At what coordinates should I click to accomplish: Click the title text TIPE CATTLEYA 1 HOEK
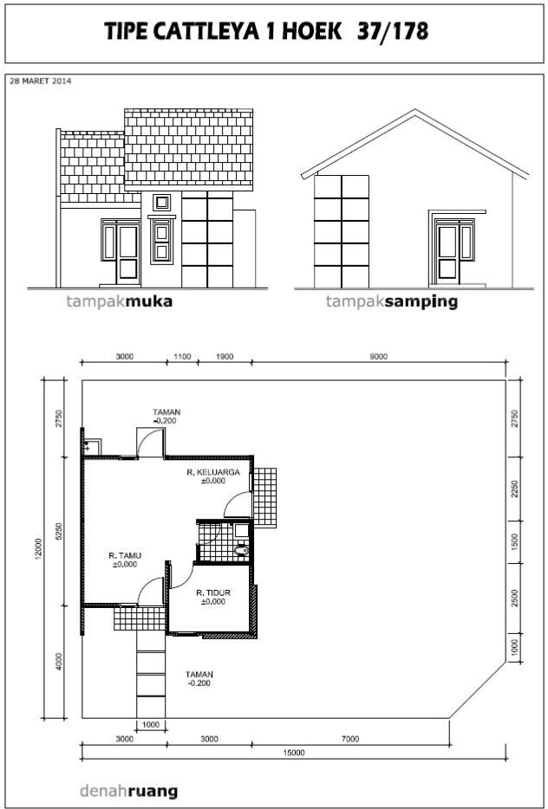tap(223, 32)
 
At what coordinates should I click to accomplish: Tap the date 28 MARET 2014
tap(41, 81)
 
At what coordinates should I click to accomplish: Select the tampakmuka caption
tap(120, 301)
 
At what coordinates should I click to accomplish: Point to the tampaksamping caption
tap(392, 302)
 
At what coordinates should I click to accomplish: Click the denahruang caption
tap(128, 791)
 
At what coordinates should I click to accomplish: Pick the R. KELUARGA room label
tap(213, 476)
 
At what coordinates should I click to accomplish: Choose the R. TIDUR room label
tap(213, 597)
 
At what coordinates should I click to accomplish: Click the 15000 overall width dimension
tap(294, 753)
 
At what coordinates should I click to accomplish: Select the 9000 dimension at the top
tap(379, 357)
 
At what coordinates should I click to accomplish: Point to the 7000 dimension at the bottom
tap(350, 739)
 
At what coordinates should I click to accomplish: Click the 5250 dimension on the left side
tap(59, 531)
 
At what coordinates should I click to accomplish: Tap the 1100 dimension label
tap(182, 357)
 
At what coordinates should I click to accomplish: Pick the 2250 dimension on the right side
tap(514, 489)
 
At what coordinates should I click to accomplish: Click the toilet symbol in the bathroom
tap(241, 551)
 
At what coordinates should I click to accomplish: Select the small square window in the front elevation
tap(162, 203)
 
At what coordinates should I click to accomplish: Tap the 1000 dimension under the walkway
tap(151, 724)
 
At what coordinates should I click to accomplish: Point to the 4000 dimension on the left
tap(59, 662)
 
